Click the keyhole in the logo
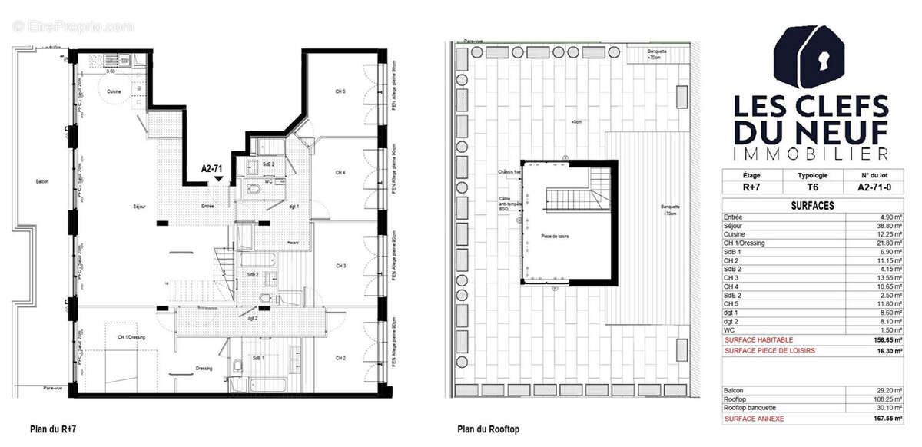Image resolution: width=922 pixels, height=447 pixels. tap(822, 58)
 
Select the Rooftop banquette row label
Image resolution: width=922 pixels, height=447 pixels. tap(750, 408)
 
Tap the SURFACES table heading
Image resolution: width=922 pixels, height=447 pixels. tap(813, 206)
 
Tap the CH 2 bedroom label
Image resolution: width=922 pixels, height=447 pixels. tap(340, 358)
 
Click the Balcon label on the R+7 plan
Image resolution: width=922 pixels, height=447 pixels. tap(41, 181)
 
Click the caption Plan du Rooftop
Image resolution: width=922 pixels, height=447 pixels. tap(488, 429)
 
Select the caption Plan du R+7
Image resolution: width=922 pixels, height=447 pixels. tap(53, 429)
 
